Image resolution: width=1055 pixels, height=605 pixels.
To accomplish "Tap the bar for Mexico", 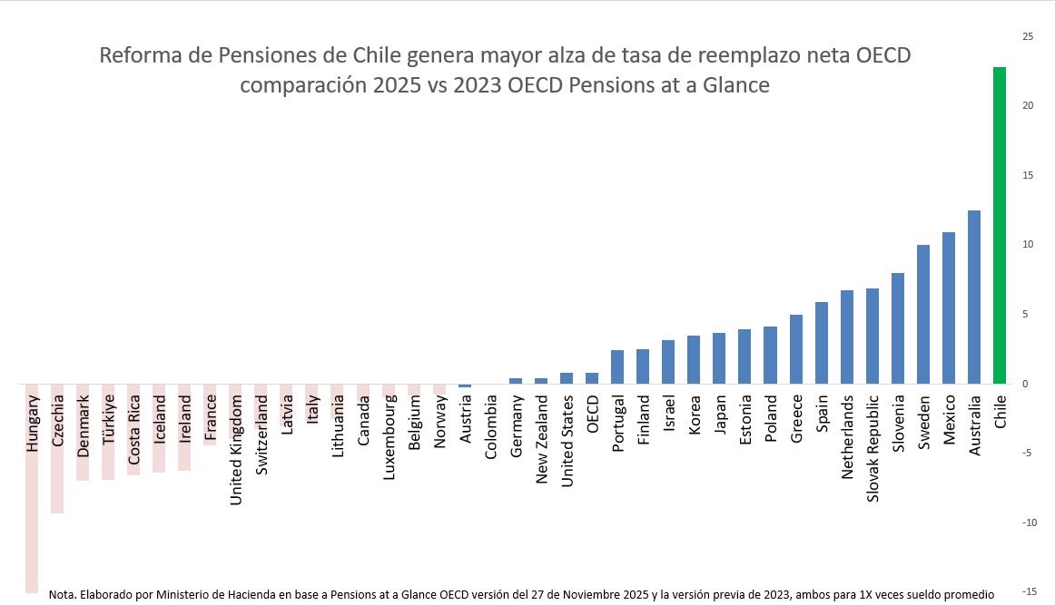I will pyautogui.click(x=949, y=307).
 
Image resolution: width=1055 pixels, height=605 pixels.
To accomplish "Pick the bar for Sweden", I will pyautogui.click(x=923, y=314).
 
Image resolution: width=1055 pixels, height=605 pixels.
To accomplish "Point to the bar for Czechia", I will pyautogui.click(x=57, y=448).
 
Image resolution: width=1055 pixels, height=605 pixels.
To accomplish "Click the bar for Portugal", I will pyautogui.click(x=617, y=366).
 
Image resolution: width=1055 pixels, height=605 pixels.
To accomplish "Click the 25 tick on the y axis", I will pyautogui.click(x=1027, y=36).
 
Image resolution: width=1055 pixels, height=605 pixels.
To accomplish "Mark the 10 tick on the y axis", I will pyautogui.click(x=1027, y=245).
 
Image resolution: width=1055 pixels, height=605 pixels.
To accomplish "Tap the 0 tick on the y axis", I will pyautogui.click(x=1025, y=384).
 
